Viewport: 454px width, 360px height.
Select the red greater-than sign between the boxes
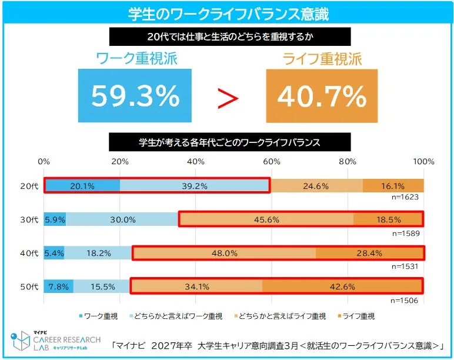point(228,99)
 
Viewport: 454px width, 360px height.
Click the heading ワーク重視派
point(136,59)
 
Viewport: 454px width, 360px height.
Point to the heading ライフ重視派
point(322,59)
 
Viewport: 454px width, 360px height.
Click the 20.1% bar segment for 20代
point(82,185)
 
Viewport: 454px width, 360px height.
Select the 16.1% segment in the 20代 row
point(393,185)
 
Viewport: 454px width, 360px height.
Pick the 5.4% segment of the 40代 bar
point(54,253)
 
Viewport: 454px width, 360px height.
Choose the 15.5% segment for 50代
point(102,286)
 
